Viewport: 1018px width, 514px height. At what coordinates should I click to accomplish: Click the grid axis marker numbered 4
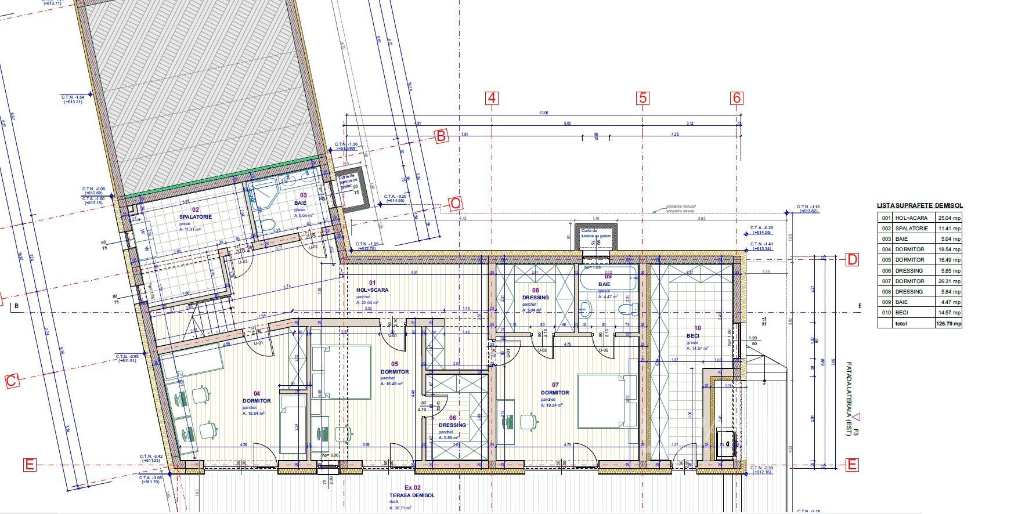[492, 98]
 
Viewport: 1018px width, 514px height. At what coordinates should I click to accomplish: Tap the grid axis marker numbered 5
[642, 98]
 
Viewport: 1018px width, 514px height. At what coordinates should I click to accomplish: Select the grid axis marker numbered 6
[737, 98]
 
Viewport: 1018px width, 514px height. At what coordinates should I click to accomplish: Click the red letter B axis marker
[441, 136]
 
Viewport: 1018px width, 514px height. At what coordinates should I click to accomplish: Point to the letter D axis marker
[851, 259]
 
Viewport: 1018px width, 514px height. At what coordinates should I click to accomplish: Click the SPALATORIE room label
[196, 216]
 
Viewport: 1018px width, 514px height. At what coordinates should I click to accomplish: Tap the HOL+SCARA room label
[372, 290]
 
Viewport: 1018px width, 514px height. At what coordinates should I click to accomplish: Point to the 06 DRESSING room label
[452, 425]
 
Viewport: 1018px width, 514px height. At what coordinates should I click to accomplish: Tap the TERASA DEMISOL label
[412, 495]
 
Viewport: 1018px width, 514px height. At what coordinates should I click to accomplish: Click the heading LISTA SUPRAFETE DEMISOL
[919, 205]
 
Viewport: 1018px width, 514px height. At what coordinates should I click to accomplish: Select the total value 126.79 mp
[950, 323]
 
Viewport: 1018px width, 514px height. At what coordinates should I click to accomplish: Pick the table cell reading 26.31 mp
[950, 281]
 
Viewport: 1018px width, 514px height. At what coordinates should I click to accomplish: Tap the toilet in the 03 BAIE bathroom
[267, 226]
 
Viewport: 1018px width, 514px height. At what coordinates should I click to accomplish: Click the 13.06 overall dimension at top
[543, 113]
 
